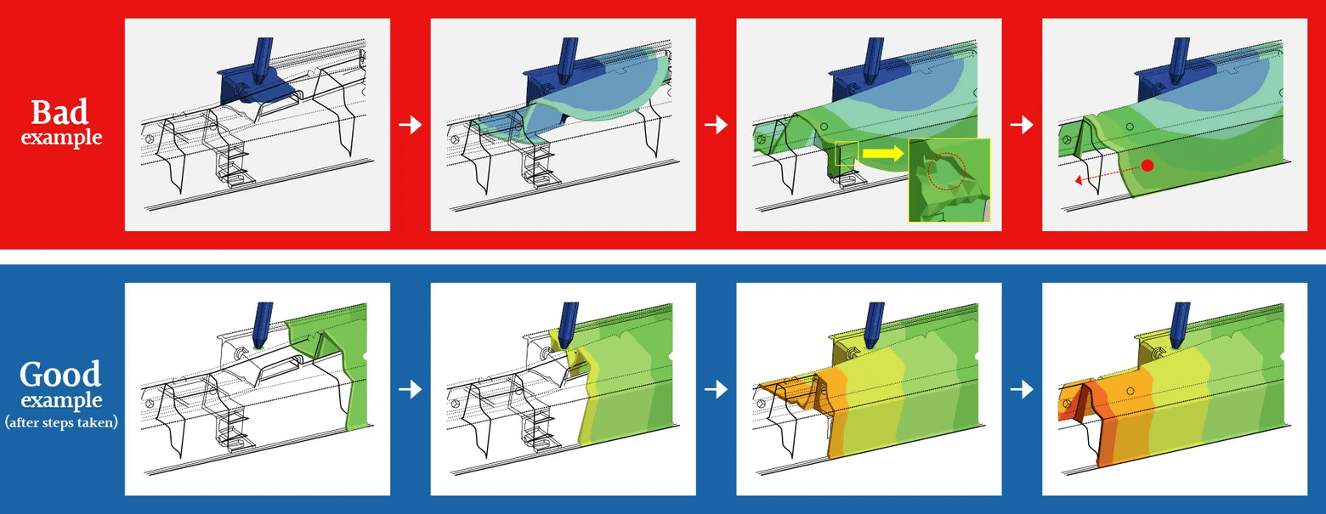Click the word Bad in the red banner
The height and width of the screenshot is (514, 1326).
point(60,113)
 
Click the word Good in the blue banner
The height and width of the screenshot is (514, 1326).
point(60,375)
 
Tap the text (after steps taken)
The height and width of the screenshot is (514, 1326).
point(60,421)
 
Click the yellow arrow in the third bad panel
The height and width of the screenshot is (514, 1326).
point(883,154)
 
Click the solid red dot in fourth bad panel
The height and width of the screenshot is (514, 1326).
point(1147,165)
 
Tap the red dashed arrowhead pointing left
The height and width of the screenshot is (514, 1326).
point(1079,180)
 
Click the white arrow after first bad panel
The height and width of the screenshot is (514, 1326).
point(410,125)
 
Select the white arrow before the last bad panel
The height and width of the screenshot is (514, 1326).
point(1022,125)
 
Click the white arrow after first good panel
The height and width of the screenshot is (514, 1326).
point(410,389)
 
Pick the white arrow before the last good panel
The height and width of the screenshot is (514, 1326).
point(1022,389)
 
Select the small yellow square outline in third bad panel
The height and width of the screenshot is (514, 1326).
point(847,154)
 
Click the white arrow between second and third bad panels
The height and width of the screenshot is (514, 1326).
point(716,125)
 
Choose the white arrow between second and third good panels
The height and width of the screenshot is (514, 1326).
point(716,389)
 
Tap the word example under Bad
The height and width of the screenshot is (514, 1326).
point(60,138)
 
